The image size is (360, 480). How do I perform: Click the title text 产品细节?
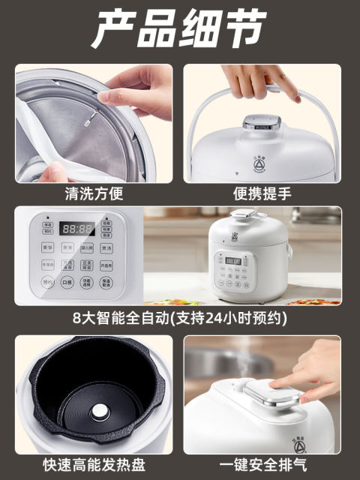pos(179,31)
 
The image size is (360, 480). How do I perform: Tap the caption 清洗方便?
pos(94,193)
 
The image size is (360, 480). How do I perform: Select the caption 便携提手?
pos(262,193)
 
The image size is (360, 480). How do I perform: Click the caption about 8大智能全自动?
pos(179,317)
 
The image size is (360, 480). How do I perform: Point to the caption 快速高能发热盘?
pos(94,465)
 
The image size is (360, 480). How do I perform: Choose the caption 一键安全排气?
pos(262,465)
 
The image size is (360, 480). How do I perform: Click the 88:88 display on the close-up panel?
pos(77,228)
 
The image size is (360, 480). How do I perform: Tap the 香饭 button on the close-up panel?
pos(47,247)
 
